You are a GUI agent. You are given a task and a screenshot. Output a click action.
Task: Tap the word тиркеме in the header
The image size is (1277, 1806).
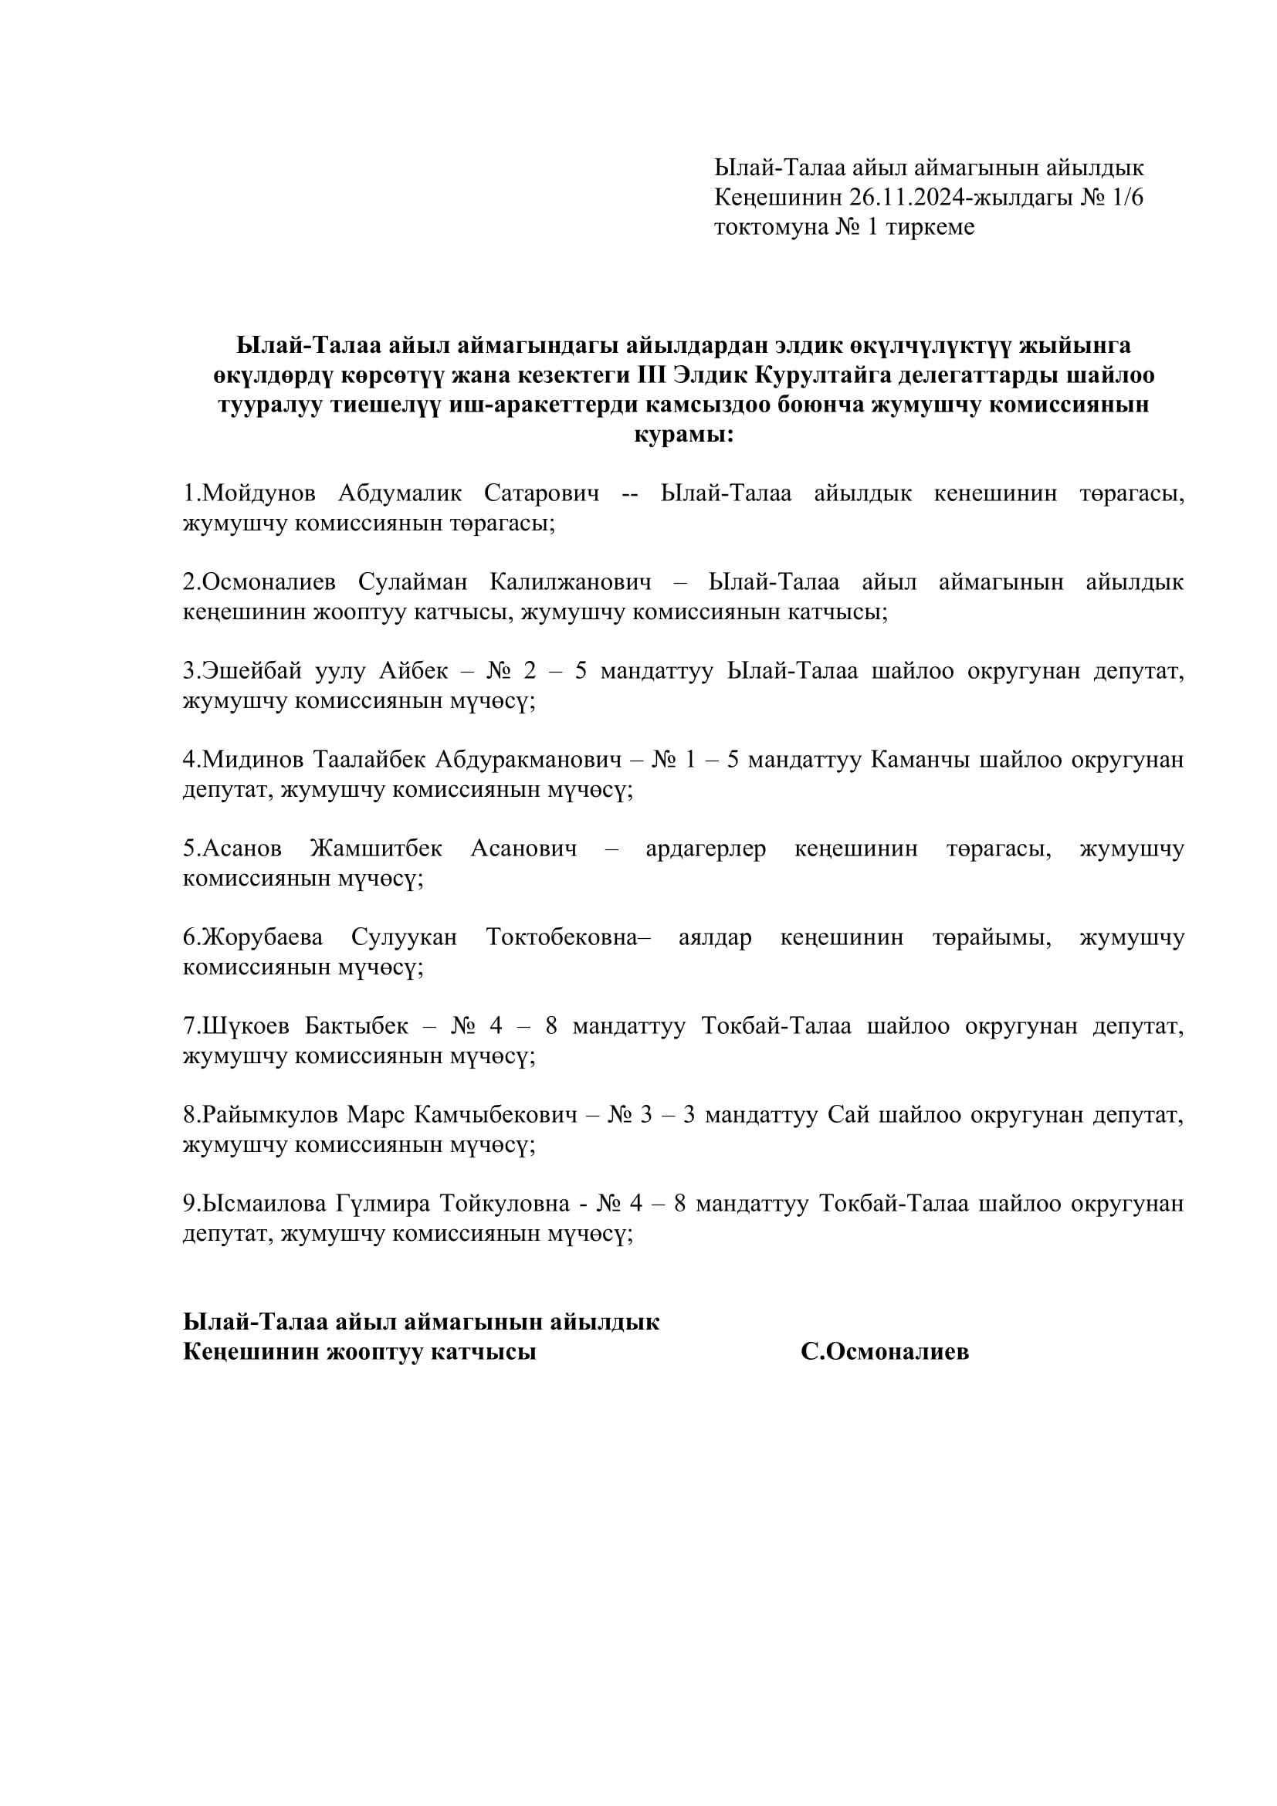930,226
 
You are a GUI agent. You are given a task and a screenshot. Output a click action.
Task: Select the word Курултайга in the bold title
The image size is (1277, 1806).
822,374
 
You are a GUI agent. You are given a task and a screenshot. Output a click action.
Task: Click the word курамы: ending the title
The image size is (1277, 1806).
683,434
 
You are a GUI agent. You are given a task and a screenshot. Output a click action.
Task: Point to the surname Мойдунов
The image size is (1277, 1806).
259,493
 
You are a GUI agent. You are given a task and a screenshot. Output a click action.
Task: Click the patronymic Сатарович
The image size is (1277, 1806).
541,493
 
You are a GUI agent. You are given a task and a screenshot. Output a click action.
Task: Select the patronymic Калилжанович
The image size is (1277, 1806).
570,582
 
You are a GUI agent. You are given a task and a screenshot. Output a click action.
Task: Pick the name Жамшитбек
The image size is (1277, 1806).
376,849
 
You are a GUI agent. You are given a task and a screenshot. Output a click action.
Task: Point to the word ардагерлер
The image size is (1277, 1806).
706,849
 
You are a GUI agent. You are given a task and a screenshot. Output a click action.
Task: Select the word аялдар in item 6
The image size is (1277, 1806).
715,937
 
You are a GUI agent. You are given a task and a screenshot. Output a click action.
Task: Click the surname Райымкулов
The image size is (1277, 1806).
270,1116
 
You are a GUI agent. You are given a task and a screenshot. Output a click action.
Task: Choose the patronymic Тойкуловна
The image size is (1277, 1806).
505,1205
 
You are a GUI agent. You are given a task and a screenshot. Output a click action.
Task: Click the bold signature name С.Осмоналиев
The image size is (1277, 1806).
885,1351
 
